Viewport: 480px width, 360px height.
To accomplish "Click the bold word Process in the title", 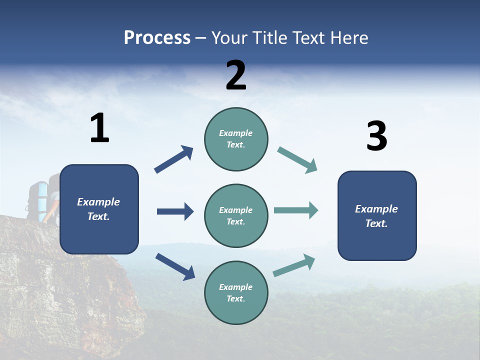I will [157, 37].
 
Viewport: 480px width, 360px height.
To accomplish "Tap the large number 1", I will [99, 128].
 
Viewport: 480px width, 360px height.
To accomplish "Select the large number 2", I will [236, 75].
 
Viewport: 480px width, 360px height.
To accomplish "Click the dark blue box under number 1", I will [99, 209].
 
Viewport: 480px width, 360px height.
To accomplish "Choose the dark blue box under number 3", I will [377, 215].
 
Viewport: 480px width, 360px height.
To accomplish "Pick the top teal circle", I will [236, 139].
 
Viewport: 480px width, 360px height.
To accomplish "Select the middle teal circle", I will [236, 215].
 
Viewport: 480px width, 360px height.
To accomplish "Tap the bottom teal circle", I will [236, 292].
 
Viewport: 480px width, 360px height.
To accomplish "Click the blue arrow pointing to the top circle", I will [173, 159].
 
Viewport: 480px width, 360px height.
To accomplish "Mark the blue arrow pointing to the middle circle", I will [175, 211].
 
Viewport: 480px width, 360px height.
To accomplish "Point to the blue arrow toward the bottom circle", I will [175, 266].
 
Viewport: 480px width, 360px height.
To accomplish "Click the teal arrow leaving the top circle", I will [297, 160].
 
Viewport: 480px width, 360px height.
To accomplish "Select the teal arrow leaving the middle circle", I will [296, 210].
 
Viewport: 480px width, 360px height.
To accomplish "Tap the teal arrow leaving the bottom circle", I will [294, 265].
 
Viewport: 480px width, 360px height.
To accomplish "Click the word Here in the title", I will [348, 37].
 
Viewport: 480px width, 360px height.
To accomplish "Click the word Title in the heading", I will [270, 37].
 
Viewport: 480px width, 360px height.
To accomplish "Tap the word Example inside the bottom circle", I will [236, 287].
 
